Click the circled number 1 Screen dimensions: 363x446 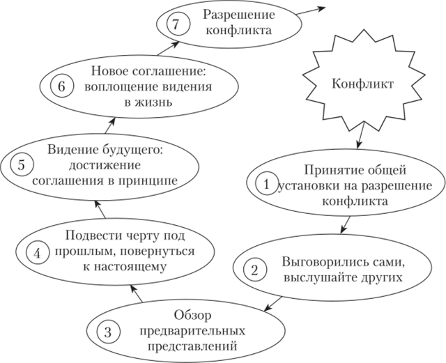265,185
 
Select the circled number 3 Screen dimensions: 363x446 107,332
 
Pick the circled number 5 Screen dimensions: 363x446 21,166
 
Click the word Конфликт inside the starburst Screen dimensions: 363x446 364,84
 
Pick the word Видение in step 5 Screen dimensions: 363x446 73,149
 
